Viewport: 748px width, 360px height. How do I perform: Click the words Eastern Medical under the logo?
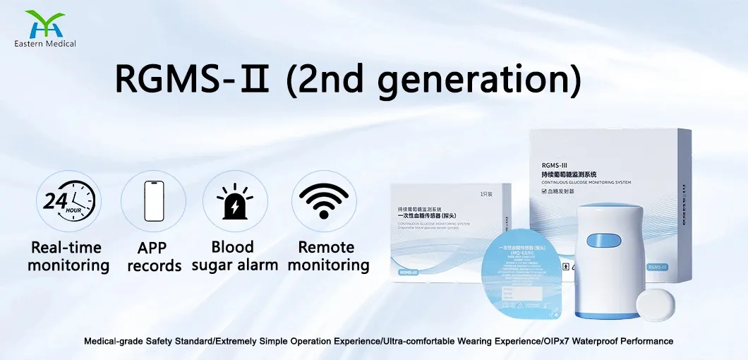[x=44, y=44]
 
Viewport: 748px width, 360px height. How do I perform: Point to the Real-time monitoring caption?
[x=68, y=256]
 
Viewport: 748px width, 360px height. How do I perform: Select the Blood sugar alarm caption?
[x=232, y=256]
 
